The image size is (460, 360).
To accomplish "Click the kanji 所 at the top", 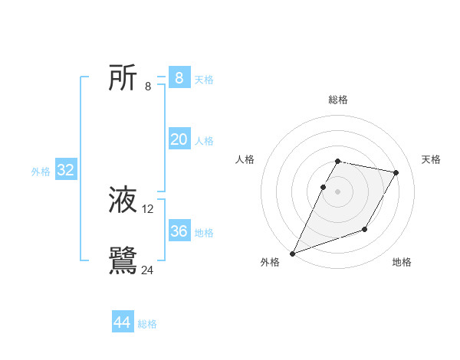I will (x=123, y=78).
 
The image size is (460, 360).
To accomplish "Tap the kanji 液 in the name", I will (x=123, y=200).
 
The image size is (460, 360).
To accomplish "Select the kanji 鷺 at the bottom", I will (x=123, y=260).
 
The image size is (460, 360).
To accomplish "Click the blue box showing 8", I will (x=179, y=78).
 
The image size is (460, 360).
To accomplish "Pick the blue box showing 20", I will (x=179, y=139).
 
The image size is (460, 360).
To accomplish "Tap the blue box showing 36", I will (x=179, y=231).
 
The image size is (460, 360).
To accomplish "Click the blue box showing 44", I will (x=122, y=322).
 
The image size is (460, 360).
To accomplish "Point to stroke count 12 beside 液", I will (x=148, y=208).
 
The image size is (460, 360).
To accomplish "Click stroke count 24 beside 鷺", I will (x=148, y=269).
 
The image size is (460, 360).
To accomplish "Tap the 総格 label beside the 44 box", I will (x=147, y=324).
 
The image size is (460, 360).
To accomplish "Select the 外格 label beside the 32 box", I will (x=41, y=172).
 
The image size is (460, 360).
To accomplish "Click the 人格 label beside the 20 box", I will (x=204, y=141).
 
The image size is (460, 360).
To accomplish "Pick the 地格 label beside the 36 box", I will (x=204, y=233).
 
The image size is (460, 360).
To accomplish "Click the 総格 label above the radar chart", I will (x=337, y=100).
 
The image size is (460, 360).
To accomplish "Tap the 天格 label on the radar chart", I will (x=432, y=159).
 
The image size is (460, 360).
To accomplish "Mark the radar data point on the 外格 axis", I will (x=293, y=253).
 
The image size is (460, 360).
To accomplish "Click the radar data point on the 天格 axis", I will (x=396, y=173).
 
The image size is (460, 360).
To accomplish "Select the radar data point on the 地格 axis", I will (x=365, y=229).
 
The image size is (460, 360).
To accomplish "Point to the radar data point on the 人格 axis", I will (x=323, y=187).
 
